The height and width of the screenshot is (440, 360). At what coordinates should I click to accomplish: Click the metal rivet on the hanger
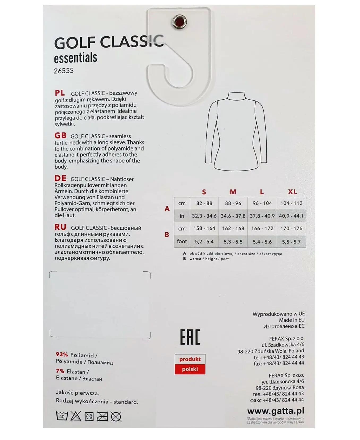pyautogui.click(x=179, y=21)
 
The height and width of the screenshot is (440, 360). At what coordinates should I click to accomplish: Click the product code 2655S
pyautogui.click(x=64, y=71)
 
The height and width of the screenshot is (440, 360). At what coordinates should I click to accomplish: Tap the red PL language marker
pyautogui.click(x=60, y=93)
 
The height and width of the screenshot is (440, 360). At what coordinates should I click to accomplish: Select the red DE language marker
pyautogui.click(x=60, y=178)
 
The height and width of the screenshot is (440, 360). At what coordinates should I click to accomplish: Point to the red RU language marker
pyautogui.click(x=60, y=227)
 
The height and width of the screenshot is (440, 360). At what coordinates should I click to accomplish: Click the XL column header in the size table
pyautogui.click(x=292, y=192)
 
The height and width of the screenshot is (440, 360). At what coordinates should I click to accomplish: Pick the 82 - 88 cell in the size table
pyautogui.click(x=204, y=203)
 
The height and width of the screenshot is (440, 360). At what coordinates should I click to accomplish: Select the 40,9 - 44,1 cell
pyautogui.click(x=291, y=216)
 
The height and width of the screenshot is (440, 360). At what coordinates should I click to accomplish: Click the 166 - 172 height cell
pyautogui.click(x=262, y=228)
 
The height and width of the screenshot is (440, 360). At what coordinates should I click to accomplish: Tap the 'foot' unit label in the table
pyautogui.click(x=182, y=241)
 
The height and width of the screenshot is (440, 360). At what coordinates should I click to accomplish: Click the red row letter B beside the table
pyautogui.click(x=167, y=235)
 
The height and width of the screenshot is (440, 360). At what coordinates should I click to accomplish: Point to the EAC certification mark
pyautogui.click(x=190, y=337)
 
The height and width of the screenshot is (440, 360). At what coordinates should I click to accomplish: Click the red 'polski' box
pyautogui.click(x=190, y=369)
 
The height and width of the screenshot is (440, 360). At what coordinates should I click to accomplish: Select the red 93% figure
pyautogui.click(x=62, y=354)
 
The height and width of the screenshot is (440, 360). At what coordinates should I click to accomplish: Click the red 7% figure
pyautogui.click(x=60, y=371)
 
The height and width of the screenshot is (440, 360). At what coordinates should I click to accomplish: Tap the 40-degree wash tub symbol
pyautogui.click(x=62, y=416)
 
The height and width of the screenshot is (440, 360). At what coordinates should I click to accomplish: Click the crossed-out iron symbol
pyautogui.click(x=102, y=416)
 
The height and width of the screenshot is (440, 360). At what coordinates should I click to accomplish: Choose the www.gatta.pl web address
pyautogui.click(x=276, y=411)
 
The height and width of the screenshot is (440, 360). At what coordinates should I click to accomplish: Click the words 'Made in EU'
pyautogui.click(x=292, y=320)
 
